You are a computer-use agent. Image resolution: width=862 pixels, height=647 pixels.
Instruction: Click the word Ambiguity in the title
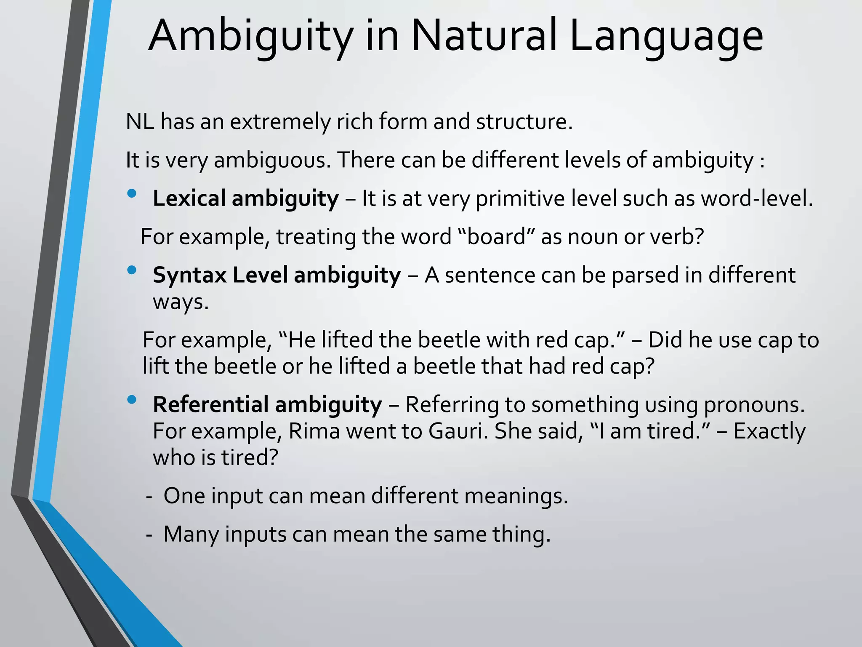pyautogui.click(x=251, y=37)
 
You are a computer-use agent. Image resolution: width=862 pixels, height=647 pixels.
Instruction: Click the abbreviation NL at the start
pyautogui.click(x=140, y=122)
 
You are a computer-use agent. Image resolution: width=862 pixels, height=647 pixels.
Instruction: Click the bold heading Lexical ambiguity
pyautogui.click(x=245, y=199)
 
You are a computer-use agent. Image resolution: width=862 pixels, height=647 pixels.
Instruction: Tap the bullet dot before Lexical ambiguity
pyautogui.click(x=132, y=193)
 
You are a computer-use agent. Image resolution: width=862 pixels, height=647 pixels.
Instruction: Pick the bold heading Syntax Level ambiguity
pyautogui.click(x=277, y=275)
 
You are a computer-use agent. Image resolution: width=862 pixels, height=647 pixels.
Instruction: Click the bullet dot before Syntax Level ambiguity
pyautogui.click(x=132, y=270)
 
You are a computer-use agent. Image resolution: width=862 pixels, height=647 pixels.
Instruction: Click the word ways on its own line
pyautogui.click(x=181, y=302)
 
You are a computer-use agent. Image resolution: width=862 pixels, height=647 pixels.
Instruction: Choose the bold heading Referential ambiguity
pyautogui.click(x=267, y=405)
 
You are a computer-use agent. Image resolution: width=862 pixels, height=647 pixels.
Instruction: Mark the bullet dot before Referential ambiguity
pyautogui.click(x=132, y=399)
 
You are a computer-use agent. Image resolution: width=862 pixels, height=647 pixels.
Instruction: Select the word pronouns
pyautogui.click(x=754, y=406)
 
